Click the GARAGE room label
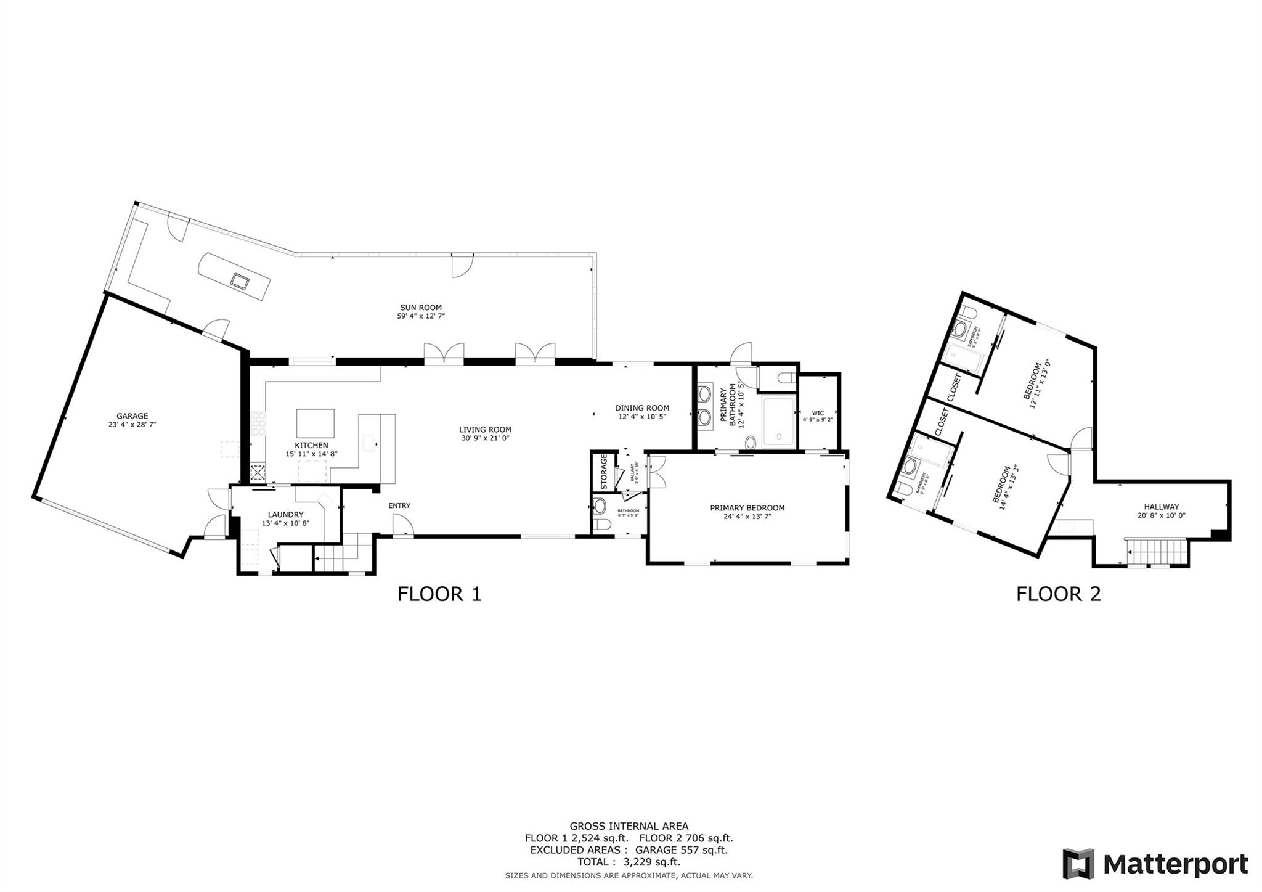pos(132,416)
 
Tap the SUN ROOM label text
pos(421,308)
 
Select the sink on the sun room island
pos(239,281)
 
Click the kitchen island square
pos(315,423)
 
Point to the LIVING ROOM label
pos(485,430)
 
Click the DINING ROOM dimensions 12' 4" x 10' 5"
pos(642,416)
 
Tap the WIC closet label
pos(818,413)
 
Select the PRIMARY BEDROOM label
pos(747,508)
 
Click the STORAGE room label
pos(604,471)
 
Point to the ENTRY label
pos(399,505)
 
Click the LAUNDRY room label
pos(285,515)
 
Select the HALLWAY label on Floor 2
pos(1162,507)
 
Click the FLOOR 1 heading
pos(439,594)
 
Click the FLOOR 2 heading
pos(1058,594)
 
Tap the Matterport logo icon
pos(1078,864)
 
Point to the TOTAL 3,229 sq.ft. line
pos(629,862)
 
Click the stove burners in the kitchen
pos(258,423)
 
